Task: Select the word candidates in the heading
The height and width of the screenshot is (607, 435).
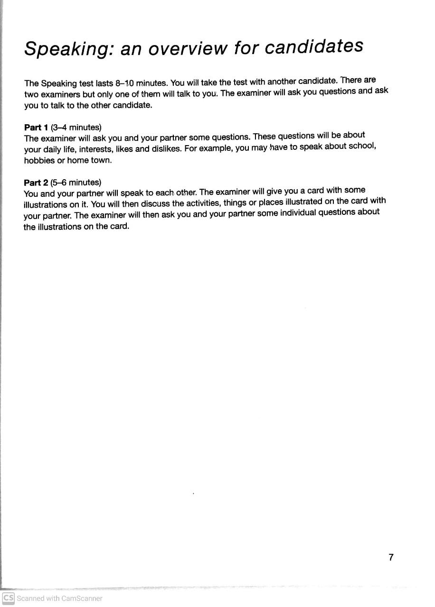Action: click(x=313, y=46)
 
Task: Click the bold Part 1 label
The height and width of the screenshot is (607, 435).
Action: click(x=36, y=127)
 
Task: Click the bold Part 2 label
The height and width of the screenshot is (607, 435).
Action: click(x=36, y=183)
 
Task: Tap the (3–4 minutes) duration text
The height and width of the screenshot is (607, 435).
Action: click(x=76, y=127)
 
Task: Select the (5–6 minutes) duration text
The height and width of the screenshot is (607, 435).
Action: click(x=76, y=183)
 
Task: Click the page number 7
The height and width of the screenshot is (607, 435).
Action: click(x=391, y=557)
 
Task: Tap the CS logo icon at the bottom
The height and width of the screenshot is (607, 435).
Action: click(x=8, y=598)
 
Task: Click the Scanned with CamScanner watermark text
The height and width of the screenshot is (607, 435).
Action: click(x=59, y=598)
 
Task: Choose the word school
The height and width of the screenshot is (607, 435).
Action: click(x=362, y=146)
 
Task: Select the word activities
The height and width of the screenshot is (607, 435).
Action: click(x=199, y=203)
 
